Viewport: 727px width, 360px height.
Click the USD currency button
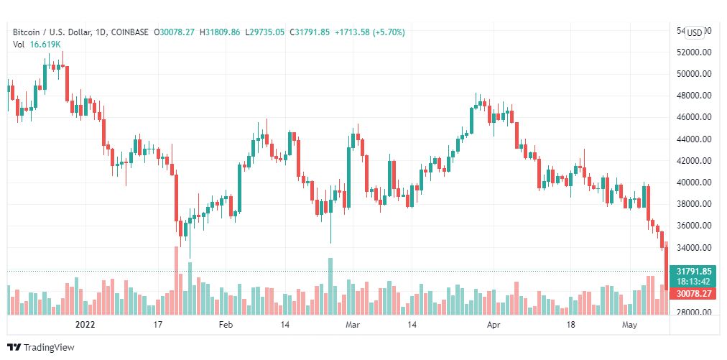coord(694,32)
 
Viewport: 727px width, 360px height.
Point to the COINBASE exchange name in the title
coord(130,32)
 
